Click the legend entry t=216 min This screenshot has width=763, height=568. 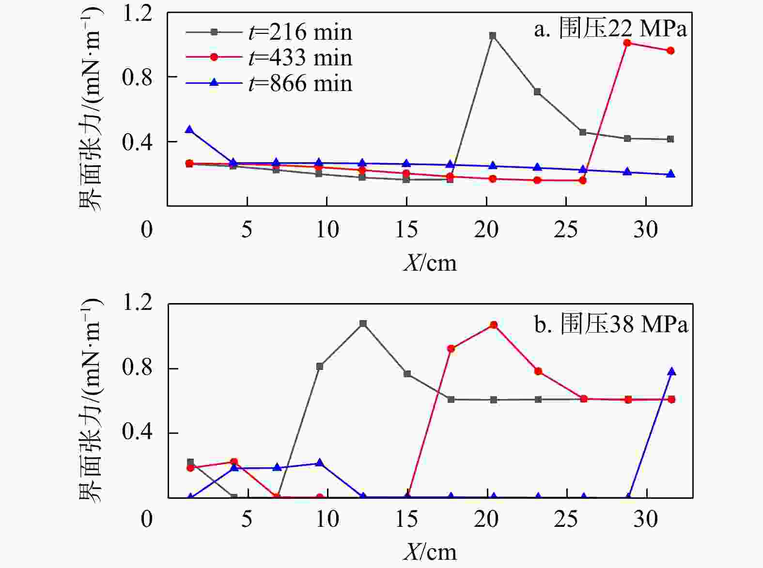coord(269,32)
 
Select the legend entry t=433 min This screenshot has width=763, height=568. coord(269,58)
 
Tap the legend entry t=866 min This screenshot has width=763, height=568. coord(269,83)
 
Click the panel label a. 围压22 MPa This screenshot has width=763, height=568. coord(610,29)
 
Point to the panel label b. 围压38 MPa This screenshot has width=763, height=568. coord(611,323)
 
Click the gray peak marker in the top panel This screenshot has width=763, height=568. coord(493,36)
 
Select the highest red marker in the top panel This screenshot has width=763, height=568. coord(627,43)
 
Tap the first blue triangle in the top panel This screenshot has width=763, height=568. coord(189,130)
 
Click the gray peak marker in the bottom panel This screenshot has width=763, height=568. coord(363,323)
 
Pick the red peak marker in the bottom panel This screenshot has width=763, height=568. coord(494,325)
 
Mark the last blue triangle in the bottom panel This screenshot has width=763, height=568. coord(671,372)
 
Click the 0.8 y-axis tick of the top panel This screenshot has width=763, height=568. coord(137,77)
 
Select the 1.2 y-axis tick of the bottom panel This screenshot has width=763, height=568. coord(137,303)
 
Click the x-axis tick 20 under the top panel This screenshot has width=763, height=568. coord(486,230)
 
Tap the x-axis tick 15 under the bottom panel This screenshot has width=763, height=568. coord(406,519)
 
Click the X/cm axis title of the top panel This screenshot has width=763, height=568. coord(430,263)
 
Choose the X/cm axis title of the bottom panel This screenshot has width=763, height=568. coord(430,552)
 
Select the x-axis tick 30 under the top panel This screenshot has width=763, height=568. coord(645,230)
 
